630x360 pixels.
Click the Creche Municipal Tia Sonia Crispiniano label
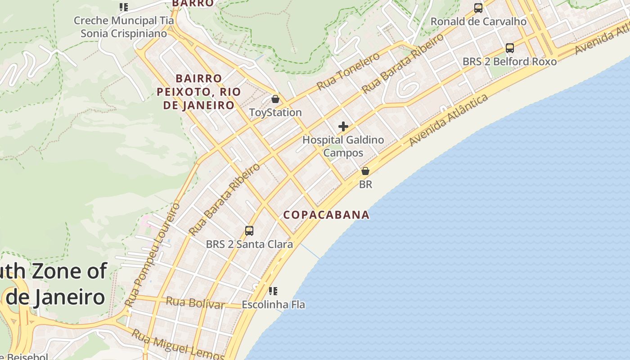(x=123, y=27)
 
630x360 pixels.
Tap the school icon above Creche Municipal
(x=124, y=7)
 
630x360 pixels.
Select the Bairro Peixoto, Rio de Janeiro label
(x=198, y=92)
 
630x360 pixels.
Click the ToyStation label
(x=275, y=112)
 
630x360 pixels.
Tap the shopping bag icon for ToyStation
(x=275, y=99)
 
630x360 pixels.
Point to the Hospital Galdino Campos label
(x=343, y=146)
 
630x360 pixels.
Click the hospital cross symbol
(x=343, y=126)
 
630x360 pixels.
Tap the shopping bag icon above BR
(x=365, y=171)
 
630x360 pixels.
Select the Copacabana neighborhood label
(x=326, y=215)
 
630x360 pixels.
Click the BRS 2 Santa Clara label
(x=249, y=244)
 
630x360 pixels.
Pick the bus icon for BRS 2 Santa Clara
(x=249, y=231)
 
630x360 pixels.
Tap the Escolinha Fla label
(x=273, y=305)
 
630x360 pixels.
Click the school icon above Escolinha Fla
(x=273, y=291)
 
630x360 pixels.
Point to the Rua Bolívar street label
(x=195, y=303)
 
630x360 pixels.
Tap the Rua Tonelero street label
(x=348, y=71)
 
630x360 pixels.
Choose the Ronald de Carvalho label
(x=478, y=21)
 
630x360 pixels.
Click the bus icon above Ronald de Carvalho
(x=478, y=8)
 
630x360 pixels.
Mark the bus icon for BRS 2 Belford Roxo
(x=510, y=48)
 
